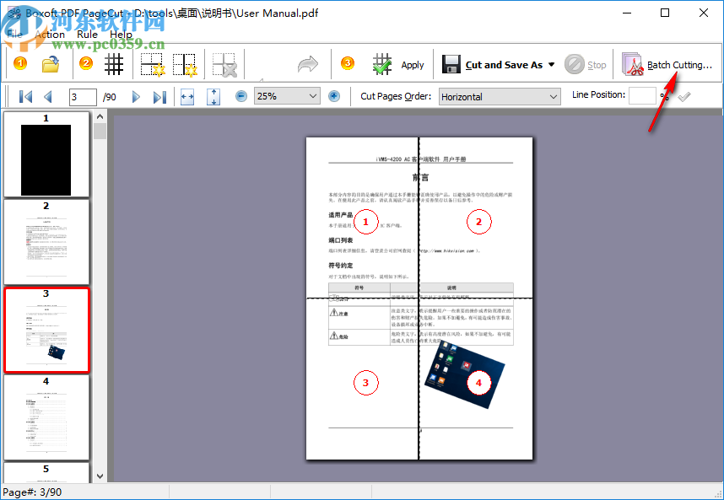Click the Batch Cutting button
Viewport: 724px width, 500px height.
coord(667,65)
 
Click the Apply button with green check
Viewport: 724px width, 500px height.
coord(398,65)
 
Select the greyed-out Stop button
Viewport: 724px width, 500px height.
coord(586,65)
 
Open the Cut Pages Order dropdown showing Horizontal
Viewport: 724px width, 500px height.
coord(500,96)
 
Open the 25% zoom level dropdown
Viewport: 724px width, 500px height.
coord(287,96)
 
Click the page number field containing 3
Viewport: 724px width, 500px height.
coord(83,97)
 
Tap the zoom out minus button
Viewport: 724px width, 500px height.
coord(241,96)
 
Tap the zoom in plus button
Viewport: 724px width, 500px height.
coord(334,96)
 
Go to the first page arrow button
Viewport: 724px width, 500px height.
coord(25,97)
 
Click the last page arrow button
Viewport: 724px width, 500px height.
coord(159,97)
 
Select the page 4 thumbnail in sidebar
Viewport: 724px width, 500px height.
coord(46,418)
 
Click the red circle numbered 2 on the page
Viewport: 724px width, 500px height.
coord(478,222)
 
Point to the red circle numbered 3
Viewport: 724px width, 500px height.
coord(365,383)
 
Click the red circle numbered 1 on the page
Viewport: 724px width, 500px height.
coord(365,222)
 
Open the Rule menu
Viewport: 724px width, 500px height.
coord(87,35)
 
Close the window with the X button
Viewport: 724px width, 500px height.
coord(704,13)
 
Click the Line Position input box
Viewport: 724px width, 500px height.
coord(642,95)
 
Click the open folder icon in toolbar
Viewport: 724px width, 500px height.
coord(51,65)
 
